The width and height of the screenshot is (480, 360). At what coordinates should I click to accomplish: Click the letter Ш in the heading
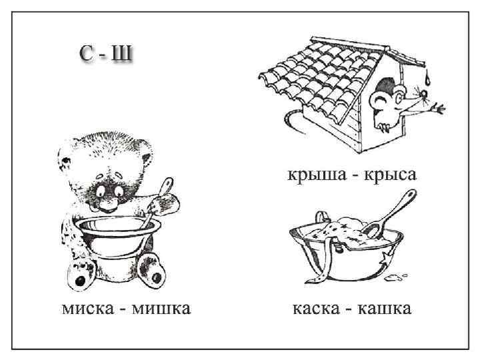click(121, 55)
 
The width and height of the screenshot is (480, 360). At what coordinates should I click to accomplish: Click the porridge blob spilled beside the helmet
click(398, 274)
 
